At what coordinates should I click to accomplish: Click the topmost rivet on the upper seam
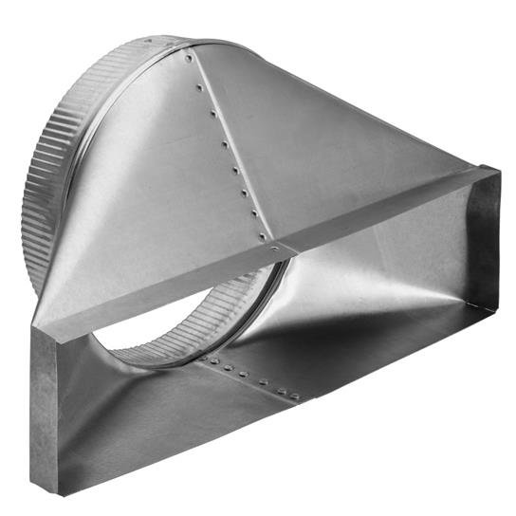pyautogui.click(x=190, y=59)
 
